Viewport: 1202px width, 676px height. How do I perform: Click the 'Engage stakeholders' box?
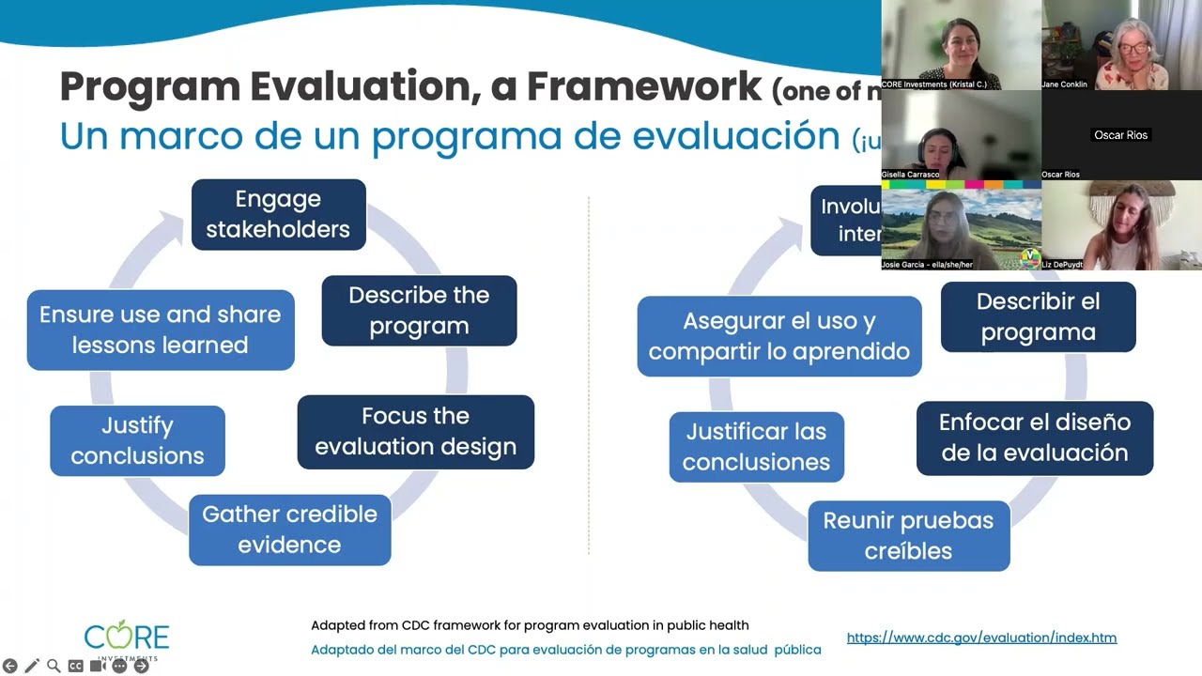coord(278,214)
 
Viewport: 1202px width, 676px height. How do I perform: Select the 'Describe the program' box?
coord(419,310)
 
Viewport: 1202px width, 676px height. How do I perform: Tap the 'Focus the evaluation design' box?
coord(415,431)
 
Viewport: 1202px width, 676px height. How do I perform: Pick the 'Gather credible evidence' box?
coord(289,530)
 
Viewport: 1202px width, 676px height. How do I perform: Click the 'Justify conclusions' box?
coord(137,440)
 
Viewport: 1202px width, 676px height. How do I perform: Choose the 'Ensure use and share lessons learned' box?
coord(160,330)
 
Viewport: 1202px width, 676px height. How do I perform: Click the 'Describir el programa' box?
coord(1038,316)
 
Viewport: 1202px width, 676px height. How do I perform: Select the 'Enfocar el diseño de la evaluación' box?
coord(1034,438)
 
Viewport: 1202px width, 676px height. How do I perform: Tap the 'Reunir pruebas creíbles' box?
coord(908,535)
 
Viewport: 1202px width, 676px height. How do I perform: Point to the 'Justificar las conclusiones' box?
coord(756,447)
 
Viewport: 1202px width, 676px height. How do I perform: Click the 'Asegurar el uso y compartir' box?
coord(778,336)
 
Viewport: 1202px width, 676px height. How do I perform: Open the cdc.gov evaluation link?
coord(981,638)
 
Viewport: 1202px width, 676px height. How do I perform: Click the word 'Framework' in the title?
coord(643,87)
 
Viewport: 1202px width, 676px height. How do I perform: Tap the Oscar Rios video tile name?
coord(1120,135)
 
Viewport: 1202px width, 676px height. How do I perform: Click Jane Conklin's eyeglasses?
coord(1133,48)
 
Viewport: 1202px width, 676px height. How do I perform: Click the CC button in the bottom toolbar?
coord(75,666)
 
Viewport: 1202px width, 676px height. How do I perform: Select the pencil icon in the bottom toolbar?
coord(32,666)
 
